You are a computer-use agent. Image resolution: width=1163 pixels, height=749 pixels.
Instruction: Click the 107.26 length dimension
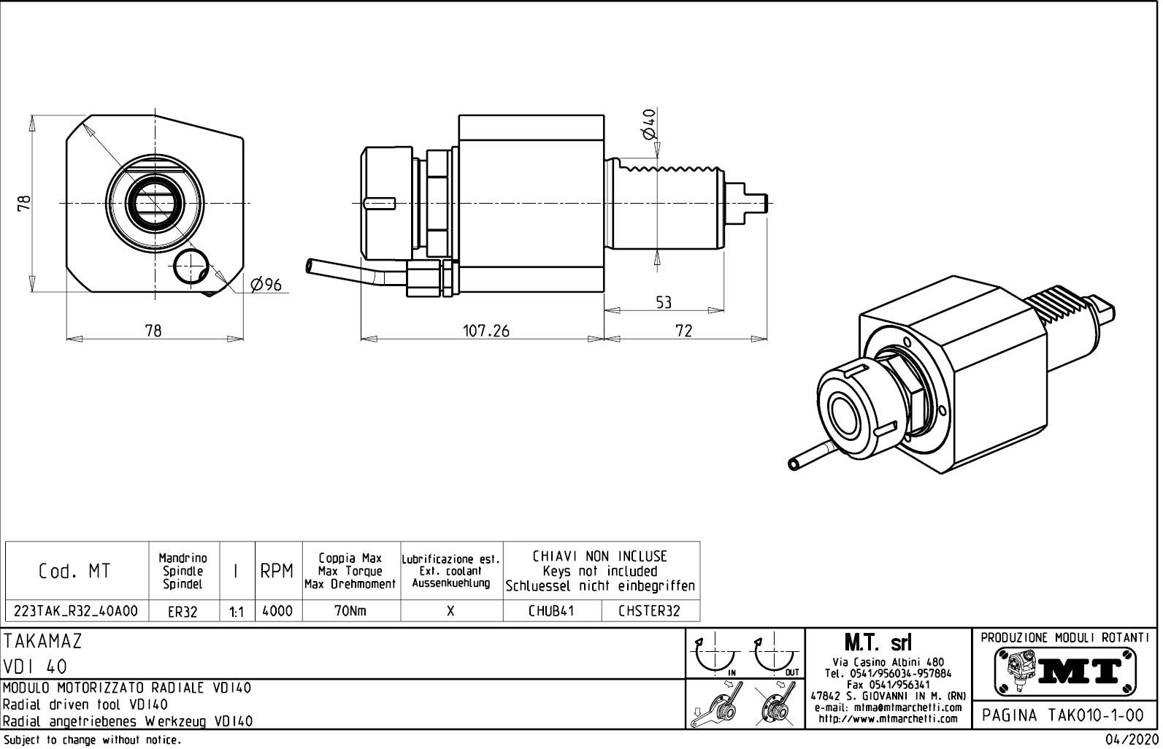coord(486,331)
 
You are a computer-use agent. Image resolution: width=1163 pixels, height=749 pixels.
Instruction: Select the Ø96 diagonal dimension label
coord(266,285)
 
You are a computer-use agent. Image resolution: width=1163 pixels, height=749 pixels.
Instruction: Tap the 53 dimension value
coord(663,301)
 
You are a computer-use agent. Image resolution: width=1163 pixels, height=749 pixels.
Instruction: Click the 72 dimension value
coord(683,331)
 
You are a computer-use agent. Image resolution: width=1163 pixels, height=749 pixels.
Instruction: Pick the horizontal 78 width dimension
coord(153,331)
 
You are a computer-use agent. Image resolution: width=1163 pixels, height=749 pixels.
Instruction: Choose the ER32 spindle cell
coord(183,612)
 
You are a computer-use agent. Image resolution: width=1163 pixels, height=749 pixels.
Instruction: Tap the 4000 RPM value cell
coord(277,611)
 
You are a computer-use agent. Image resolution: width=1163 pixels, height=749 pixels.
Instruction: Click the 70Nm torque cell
coord(350,611)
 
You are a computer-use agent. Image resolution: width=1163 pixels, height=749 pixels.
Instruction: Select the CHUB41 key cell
coord(551,611)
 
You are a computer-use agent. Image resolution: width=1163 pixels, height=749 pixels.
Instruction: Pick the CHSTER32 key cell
coord(649,611)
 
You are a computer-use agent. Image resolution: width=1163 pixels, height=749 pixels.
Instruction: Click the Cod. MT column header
coord(74,572)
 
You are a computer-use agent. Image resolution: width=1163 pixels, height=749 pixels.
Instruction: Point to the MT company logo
coord(1065,669)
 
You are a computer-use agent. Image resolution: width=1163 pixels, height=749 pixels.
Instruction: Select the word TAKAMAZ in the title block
coord(43,642)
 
